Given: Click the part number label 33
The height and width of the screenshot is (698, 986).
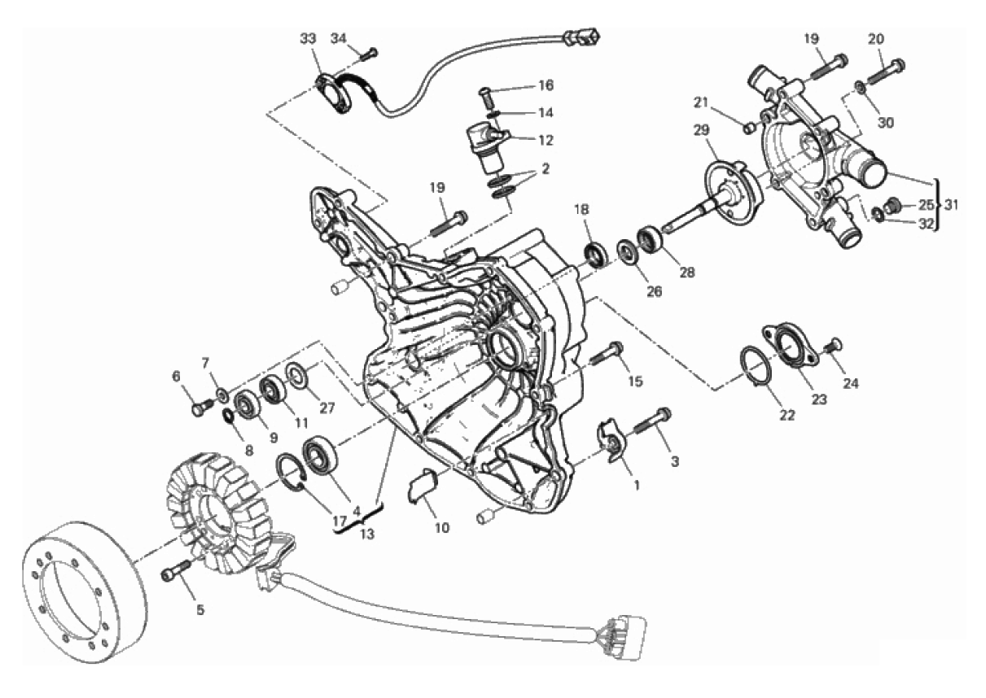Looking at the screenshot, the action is tap(308, 39).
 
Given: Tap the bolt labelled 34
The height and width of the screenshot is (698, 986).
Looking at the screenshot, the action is tap(370, 55).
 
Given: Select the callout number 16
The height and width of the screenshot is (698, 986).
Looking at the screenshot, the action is tap(546, 85).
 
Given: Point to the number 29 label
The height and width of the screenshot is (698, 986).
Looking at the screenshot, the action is tap(701, 130).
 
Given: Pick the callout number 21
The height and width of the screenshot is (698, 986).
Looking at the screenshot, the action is tap(700, 103).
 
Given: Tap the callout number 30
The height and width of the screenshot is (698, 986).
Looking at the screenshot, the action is tap(886, 123).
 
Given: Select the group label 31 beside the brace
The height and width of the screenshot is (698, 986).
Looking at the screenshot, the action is tap(951, 204).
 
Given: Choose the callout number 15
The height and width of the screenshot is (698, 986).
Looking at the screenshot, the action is tap(635, 382).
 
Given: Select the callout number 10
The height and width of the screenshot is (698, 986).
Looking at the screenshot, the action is tap(442, 527).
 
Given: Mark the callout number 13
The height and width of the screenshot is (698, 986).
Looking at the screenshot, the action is tap(366, 534).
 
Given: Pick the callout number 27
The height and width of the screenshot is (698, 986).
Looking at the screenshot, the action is tap(327, 408).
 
